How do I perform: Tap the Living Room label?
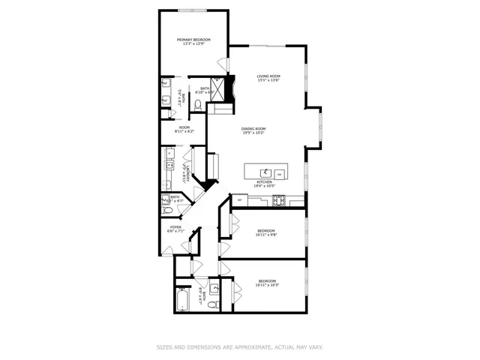click(268, 77)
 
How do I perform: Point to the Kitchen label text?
click(265, 183)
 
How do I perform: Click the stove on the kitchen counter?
click(279, 199)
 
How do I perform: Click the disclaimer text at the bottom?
click(239, 347)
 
